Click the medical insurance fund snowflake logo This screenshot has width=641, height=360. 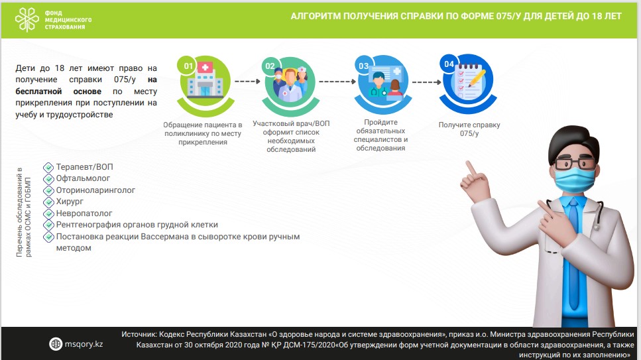pyautogui.click(x=27, y=20)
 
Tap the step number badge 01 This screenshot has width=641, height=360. pyautogui.click(x=188, y=66)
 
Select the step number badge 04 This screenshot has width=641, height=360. pyautogui.click(x=449, y=64)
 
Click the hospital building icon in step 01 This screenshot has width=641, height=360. pyautogui.click(x=205, y=80)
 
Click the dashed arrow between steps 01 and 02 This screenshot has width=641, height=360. pyautogui.click(x=248, y=81)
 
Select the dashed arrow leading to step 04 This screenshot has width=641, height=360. pyautogui.click(x=426, y=82)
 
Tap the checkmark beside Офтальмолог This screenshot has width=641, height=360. pyautogui.click(x=48, y=179)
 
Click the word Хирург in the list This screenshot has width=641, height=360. pyautogui.click(x=70, y=202)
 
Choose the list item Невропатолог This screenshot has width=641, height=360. pyautogui.click(x=84, y=213)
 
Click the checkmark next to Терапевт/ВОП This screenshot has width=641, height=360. pyautogui.click(x=48, y=167)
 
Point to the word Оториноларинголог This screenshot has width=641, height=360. pyautogui.click(x=95, y=190)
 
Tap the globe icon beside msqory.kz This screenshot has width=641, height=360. pyautogui.click(x=56, y=344)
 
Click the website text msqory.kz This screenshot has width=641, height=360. pyautogui.click(x=84, y=344)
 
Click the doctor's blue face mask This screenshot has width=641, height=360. pyautogui.click(x=574, y=180)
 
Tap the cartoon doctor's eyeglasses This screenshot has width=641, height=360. pyautogui.click(x=575, y=163)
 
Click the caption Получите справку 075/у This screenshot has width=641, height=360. pyautogui.click(x=469, y=129)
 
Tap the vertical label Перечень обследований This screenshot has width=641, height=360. pyautogui.click(x=23, y=212)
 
